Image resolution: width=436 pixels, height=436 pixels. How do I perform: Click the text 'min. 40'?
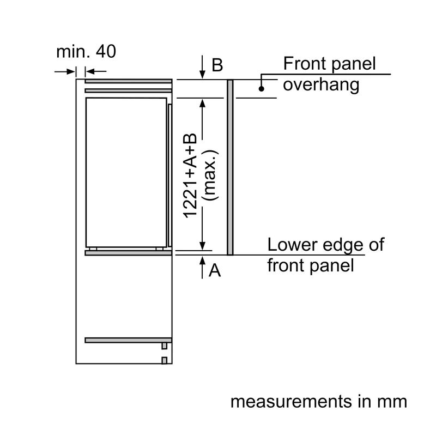point(86,51)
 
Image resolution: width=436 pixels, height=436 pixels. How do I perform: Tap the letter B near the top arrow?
point(217,65)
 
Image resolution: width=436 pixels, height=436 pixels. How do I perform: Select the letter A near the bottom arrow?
point(215,270)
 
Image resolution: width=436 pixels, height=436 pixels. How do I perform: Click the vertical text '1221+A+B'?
point(190,175)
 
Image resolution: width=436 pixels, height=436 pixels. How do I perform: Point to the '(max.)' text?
point(210,175)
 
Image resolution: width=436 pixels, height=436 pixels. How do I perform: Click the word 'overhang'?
point(321,84)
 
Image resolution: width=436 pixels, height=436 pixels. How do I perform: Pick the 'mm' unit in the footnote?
point(392,402)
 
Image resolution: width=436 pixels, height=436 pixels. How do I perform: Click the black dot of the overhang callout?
point(262,89)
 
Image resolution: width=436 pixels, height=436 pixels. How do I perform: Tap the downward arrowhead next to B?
point(202,75)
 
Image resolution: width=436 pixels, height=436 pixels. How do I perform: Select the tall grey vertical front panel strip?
point(230,167)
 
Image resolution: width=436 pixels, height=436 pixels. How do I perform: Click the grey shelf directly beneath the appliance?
point(128,253)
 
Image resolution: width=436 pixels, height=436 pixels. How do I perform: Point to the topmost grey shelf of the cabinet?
point(128,81)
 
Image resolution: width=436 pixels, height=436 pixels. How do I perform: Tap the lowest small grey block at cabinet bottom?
point(165,360)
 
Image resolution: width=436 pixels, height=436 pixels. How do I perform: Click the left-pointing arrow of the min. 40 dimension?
point(96,71)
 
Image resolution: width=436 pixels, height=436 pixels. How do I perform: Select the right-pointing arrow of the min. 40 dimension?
point(65,72)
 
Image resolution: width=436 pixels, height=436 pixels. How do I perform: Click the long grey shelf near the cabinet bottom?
point(128,340)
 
